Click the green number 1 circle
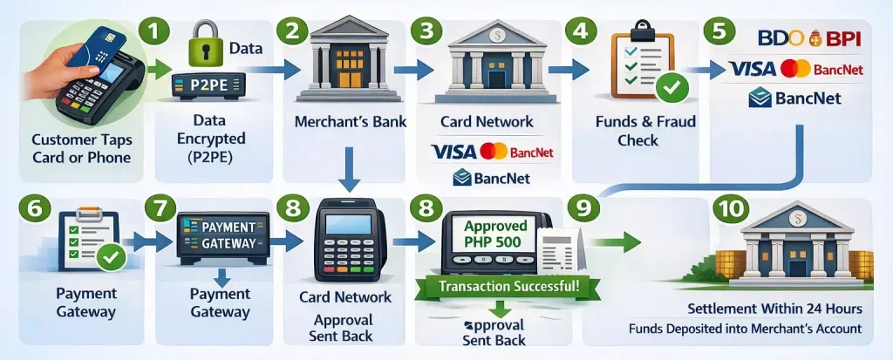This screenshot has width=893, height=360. (x=154, y=32)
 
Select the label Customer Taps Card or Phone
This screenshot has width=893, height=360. (x=80, y=149)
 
